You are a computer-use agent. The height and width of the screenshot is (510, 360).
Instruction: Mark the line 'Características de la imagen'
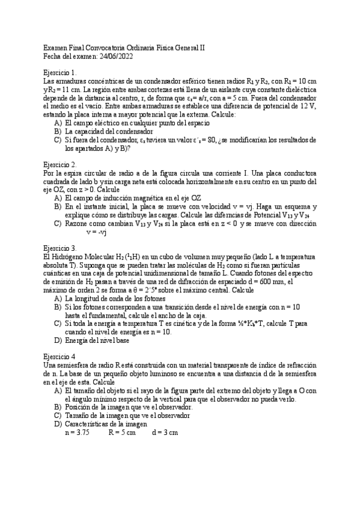point(106,424)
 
